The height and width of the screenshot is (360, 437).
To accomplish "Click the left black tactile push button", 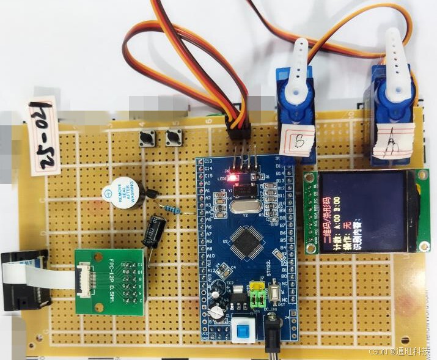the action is pos(147,139).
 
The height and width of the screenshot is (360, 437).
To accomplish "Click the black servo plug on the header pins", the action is pos(238,129).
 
